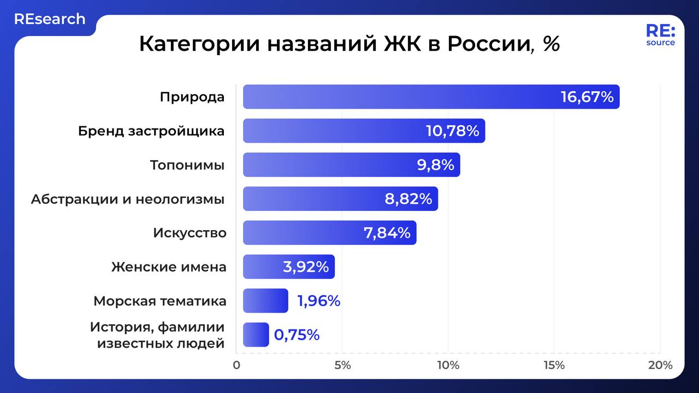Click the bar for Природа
(x=431, y=97)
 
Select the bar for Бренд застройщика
(x=364, y=131)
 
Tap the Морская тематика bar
(x=265, y=301)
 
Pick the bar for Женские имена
(x=288, y=267)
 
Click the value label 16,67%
(x=587, y=97)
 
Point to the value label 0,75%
(x=297, y=335)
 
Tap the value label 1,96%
(x=318, y=301)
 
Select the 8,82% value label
(x=408, y=199)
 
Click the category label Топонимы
(x=187, y=165)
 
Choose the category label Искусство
(x=189, y=233)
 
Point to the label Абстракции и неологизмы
(x=128, y=199)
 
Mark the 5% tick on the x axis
(x=342, y=365)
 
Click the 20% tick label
(x=660, y=365)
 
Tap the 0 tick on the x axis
(x=236, y=365)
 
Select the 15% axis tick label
(x=554, y=365)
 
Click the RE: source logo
(x=660, y=35)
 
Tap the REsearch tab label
(x=50, y=19)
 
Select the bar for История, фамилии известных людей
(x=256, y=335)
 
